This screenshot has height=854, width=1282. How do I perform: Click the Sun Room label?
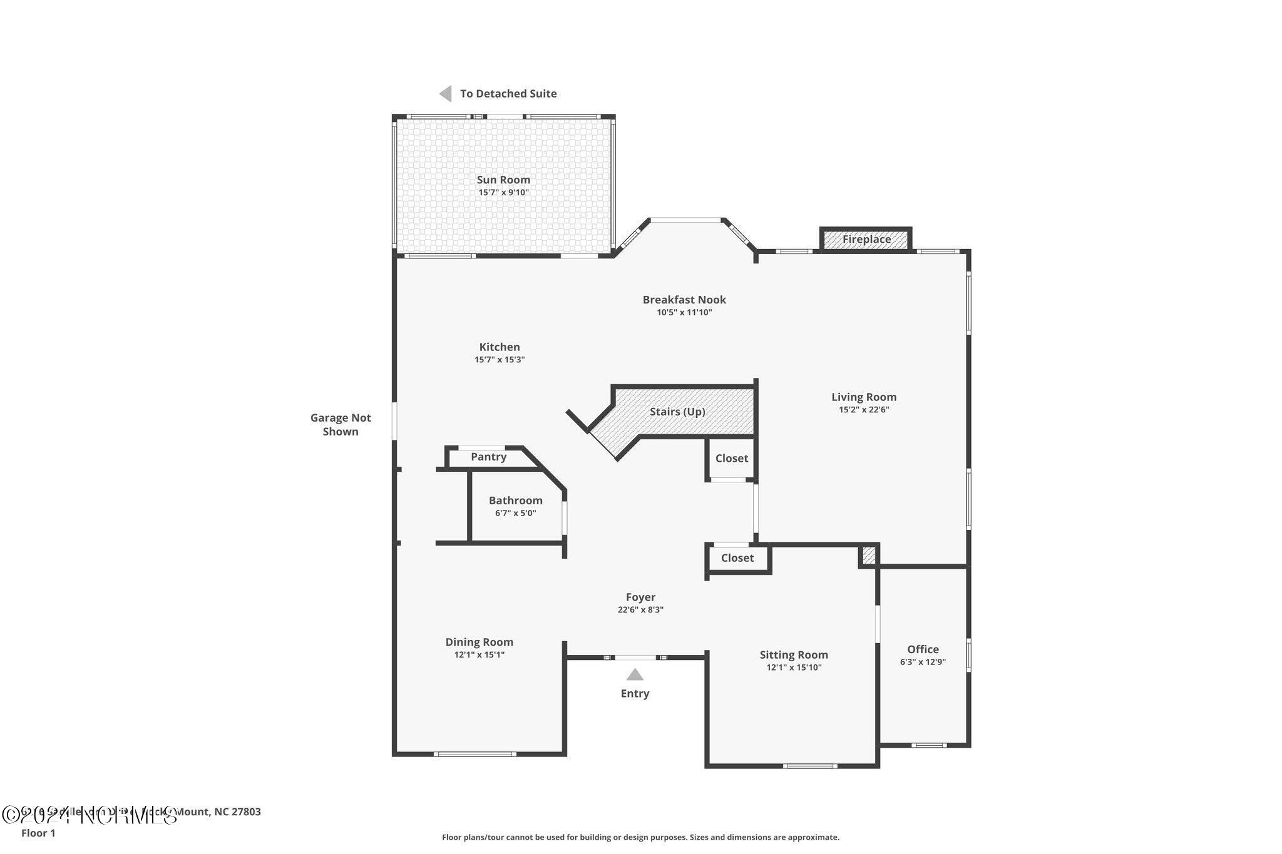coord(503,180)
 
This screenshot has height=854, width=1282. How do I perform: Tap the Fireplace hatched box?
coord(866,239)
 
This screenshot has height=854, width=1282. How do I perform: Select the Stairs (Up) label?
coord(677,412)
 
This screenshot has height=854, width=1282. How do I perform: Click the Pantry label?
coord(488,457)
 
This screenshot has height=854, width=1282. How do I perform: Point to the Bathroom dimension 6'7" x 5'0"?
coord(515,513)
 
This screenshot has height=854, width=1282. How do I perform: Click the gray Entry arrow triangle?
coord(635,674)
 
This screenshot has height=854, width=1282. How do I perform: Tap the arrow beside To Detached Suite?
coord(446,94)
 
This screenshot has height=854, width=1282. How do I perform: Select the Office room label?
coord(923,649)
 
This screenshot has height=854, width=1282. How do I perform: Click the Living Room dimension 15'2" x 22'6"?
coord(864,410)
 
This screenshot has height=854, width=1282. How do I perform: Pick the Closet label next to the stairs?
coord(731,458)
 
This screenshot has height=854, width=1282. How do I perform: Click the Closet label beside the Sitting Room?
coord(737,557)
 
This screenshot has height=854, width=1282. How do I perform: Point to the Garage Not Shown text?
coord(341,424)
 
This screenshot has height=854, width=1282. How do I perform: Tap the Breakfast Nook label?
coord(684,300)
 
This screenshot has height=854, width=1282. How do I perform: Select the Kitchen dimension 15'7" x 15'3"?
coord(499,360)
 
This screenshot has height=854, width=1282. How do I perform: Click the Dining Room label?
coord(479,642)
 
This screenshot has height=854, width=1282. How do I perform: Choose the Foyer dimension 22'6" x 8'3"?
coord(640,609)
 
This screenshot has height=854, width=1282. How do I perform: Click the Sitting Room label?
coord(793,655)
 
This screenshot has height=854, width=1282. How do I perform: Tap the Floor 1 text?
coord(38,833)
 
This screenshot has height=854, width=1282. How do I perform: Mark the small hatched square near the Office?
coord(869,555)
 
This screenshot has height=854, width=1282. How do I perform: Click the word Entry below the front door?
coord(635,693)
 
